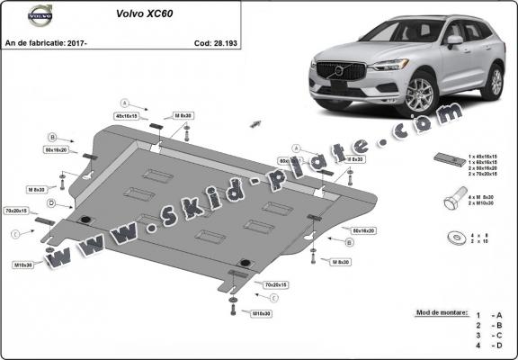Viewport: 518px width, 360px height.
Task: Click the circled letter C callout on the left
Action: click(15, 234)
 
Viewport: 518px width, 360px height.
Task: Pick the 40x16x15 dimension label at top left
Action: click(126, 117)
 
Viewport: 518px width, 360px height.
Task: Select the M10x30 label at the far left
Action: click(22, 265)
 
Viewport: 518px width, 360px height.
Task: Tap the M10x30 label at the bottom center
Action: click(262, 312)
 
